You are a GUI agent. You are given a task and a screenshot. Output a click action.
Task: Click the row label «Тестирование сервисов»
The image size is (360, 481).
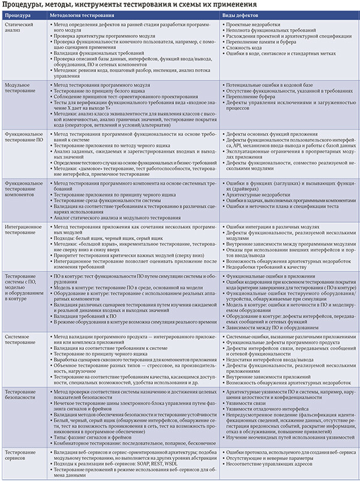(22, 453)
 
